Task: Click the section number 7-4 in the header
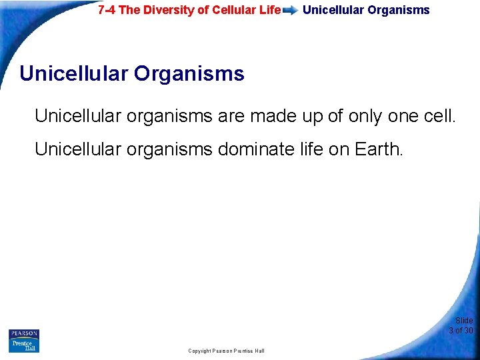point(106,10)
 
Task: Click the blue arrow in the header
point(290,11)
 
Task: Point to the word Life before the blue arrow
point(267,10)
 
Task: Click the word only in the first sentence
point(365,117)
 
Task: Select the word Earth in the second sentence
point(377,149)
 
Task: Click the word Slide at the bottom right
point(464,321)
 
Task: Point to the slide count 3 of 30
point(461,331)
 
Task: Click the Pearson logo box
point(23,333)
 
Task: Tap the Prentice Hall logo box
point(23,345)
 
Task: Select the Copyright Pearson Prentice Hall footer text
point(226,351)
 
